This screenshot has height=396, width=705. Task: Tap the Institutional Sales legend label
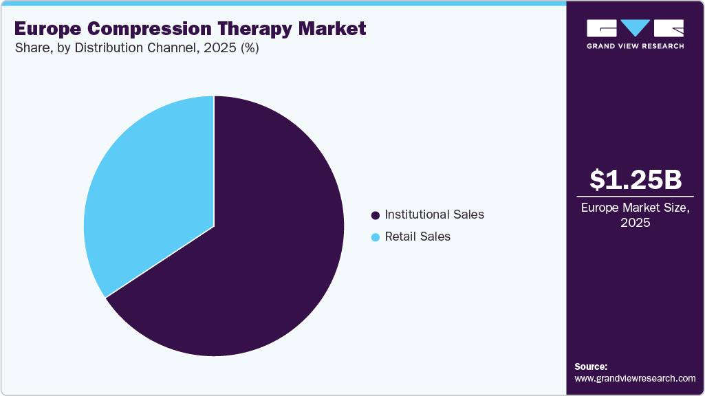point(435,214)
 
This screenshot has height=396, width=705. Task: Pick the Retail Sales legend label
point(417,236)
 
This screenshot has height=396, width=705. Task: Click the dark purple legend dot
point(376,215)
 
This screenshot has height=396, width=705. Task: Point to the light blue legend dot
point(376,237)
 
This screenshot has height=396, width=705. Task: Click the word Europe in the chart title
point(47,29)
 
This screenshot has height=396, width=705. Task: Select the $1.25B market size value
point(636,179)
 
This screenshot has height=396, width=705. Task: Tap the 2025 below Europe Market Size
point(636,223)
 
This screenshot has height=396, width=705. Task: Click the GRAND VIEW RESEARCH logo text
point(636,46)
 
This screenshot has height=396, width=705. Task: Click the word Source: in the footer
point(591,366)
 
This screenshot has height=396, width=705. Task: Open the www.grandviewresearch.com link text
point(635,378)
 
